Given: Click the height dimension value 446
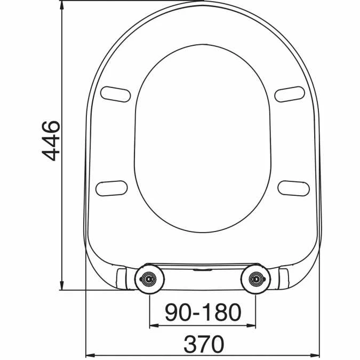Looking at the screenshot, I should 52,141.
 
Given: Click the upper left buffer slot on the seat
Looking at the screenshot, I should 115,93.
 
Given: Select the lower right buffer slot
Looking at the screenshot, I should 293,187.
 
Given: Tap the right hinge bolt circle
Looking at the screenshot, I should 257,278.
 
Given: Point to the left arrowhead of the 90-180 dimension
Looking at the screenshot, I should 153,324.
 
